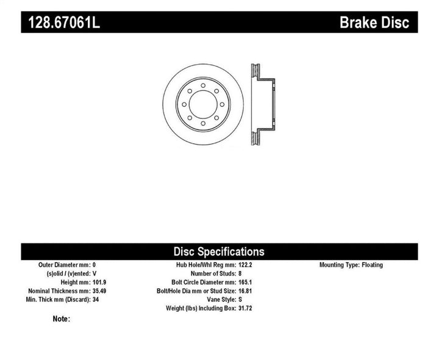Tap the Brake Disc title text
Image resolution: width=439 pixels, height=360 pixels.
click(374, 22)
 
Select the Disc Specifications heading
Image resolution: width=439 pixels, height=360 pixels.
click(219, 251)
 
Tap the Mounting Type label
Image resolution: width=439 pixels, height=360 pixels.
click(341, 265)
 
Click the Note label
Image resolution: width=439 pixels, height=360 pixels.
click(62, 319)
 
